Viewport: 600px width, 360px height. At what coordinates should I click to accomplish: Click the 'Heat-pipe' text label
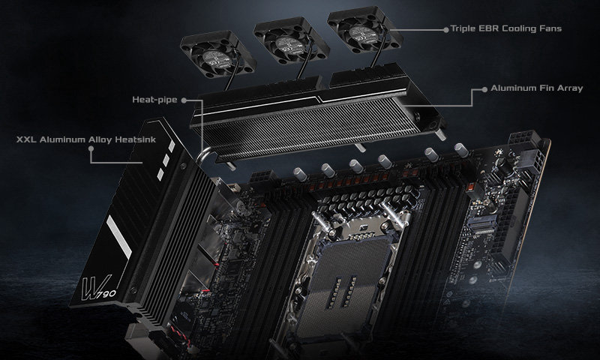click(153, 98)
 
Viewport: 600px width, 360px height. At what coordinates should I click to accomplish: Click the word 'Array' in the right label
click(559, 88)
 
